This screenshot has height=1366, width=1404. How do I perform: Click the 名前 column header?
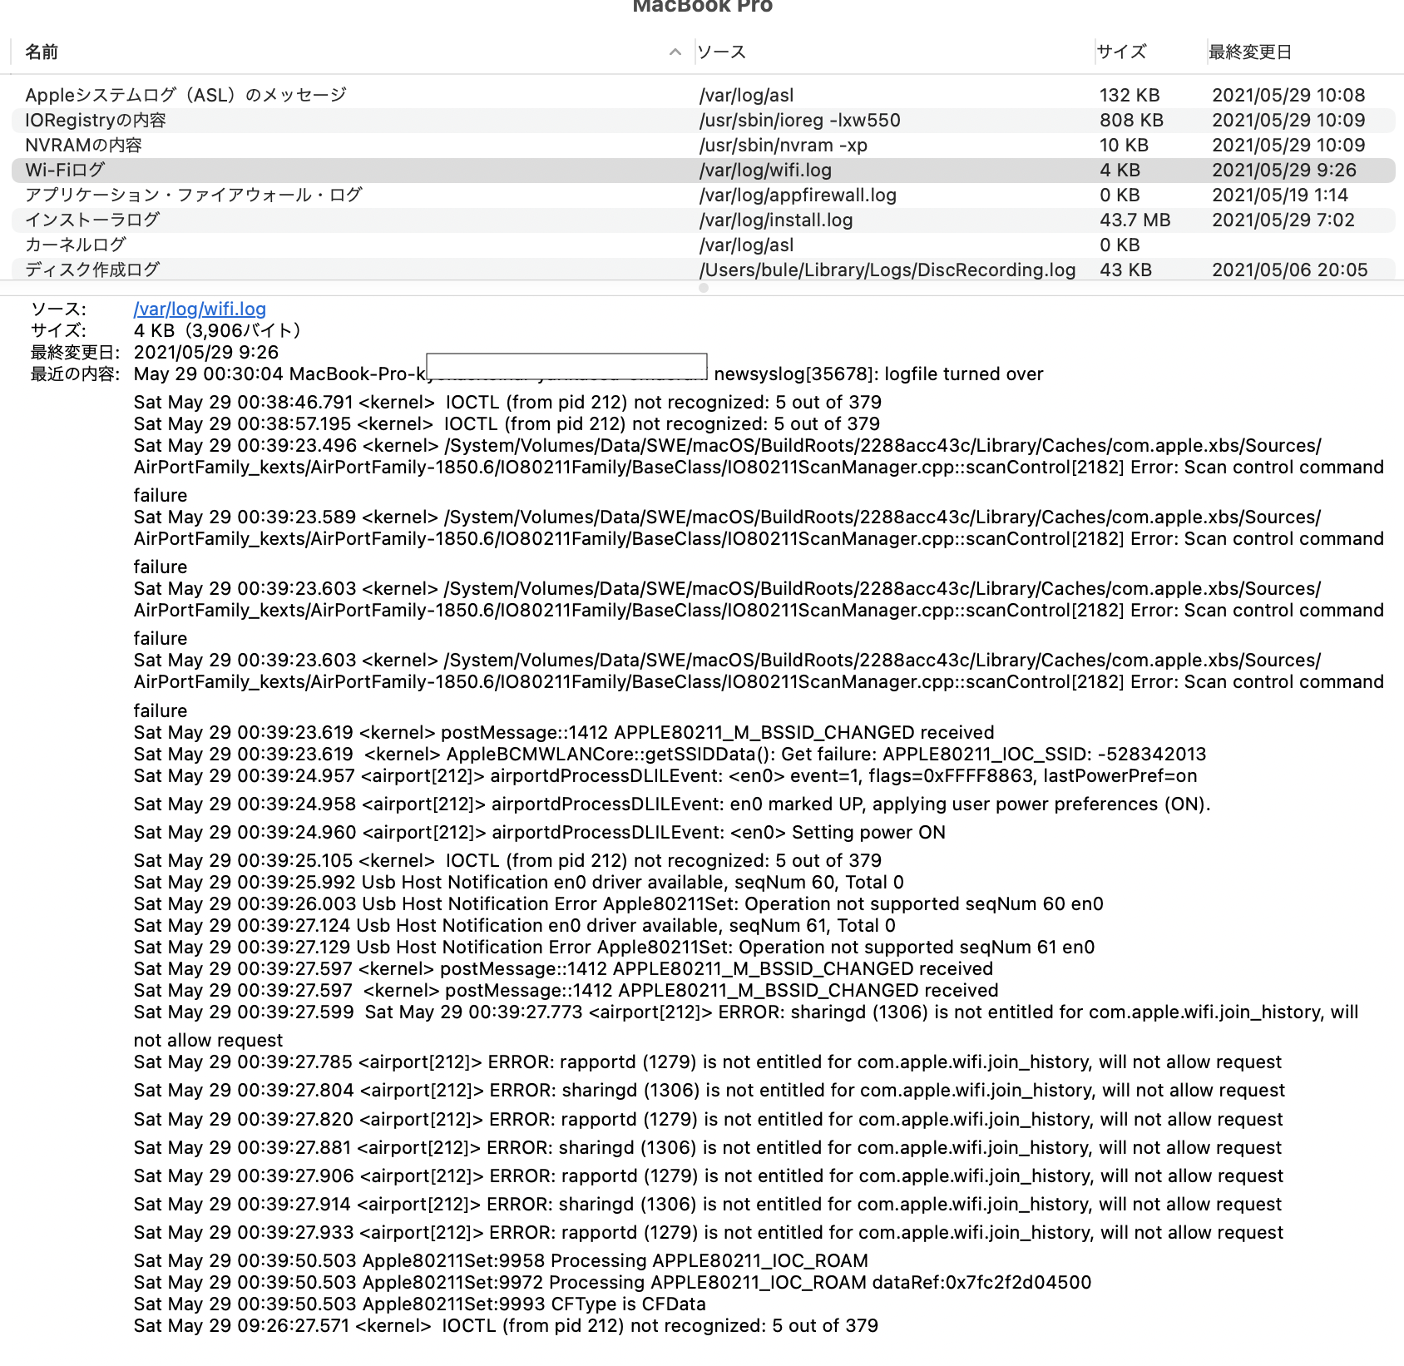click(42, 52)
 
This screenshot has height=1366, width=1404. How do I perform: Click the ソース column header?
click(721, 52)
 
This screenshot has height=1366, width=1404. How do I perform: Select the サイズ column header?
click(1121, 52)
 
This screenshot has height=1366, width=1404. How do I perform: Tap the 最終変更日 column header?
click(1249, 52)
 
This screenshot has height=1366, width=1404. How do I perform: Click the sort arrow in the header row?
click(675, 52)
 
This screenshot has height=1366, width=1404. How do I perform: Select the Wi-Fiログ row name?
click(65, 171)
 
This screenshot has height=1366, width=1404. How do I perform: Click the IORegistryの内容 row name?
click(95, 121)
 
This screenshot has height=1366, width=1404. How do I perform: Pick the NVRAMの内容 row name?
click(83, 146)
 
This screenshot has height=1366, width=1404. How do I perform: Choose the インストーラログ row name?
click(91, 220)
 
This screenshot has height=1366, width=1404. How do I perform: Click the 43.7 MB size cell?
click(1135, 220)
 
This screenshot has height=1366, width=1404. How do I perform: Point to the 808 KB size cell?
click(1131, 121)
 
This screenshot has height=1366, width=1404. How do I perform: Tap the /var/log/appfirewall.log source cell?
click(798, 195)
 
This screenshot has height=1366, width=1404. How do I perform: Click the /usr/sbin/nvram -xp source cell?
click(783, 146)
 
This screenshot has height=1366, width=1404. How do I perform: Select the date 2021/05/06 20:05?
click(1289, 270)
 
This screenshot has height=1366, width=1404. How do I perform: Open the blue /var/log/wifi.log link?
click(200, 309)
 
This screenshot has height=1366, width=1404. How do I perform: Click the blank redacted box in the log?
click(566, 366)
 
